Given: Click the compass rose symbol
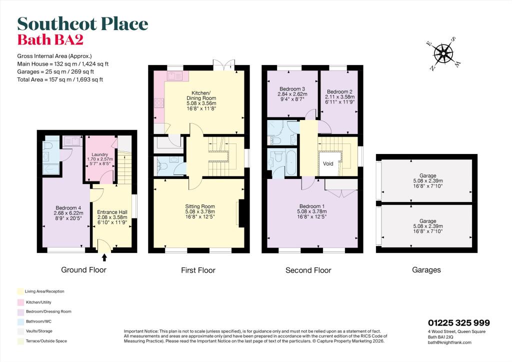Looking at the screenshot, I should pyautogui.click(x=443, y=52).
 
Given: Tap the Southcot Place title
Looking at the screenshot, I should pyautogui.click(x=82, y=23).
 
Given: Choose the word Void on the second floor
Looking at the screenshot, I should pyautogui.click(x=328, y=163).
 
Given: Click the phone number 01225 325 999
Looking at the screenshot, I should pyautogui.click(x=459, y=323).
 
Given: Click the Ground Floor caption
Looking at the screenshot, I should pyautogui.click(x=83, y=269).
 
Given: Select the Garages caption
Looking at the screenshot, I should pyautogui.click(x=426, y=269).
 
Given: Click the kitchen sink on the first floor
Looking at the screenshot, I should pyautogui.click(x=175, y=76).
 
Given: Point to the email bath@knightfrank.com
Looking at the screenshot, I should pyautogui.click(x=449, y=342).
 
